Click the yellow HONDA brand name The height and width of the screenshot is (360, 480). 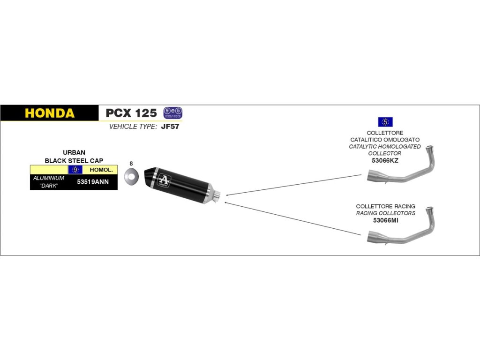point(49,113)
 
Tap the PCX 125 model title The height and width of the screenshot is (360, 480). point(131,113)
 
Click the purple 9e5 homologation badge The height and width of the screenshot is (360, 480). point(172,112)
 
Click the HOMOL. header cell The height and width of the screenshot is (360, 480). point(100,169)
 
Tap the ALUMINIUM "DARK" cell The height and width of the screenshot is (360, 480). point(49,182)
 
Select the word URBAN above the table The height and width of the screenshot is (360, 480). point(74,153)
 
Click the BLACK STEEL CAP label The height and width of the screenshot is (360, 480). point(74,160)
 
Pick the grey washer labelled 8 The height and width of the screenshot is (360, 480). point(131,177)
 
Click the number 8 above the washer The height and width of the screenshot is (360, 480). point(131,164)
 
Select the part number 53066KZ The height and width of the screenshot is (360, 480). point(385,160)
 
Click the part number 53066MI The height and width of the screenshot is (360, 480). point(385,220)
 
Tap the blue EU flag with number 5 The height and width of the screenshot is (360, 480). point(385,122)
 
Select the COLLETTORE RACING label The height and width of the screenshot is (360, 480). point(385,206)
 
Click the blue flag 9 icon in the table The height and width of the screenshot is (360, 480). point(75,169)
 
